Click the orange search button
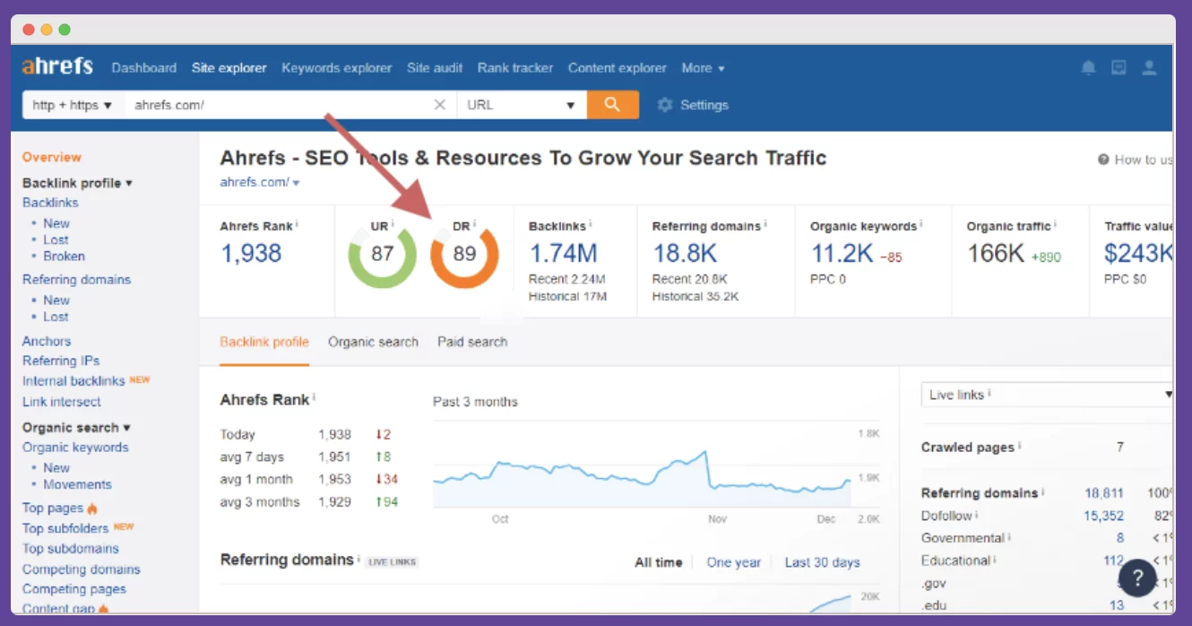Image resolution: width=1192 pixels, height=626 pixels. click(x=613, y=105)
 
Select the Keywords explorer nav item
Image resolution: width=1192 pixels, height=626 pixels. click(x=336, y=68)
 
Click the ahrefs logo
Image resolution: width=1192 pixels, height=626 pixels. click(x=57, y=67)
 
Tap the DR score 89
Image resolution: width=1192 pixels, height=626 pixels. click(x=464, y=254)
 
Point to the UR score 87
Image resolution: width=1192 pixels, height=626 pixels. click(x=382, y=254)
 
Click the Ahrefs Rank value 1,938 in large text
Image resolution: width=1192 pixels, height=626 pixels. click(x=251, y=254)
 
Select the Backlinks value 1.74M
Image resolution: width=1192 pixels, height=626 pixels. click(x=563, y=254)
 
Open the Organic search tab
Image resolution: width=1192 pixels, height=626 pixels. click(x=373, y=342)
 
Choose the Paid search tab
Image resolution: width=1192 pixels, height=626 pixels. click(x=472, y=342)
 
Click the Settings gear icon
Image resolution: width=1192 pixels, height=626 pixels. click(x=665, y=105)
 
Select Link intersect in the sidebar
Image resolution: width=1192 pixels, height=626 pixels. click(x=62, y=402)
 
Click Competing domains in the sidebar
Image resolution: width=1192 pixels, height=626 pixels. click(x=82, y=569)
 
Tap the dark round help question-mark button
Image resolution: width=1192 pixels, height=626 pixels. click(x=1137, y=578)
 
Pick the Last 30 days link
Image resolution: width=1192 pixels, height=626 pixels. click(x=822, y=562)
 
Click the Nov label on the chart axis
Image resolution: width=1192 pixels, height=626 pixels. click(x=717, y=519)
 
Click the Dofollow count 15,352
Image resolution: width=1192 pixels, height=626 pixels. click(x=1103, y=516)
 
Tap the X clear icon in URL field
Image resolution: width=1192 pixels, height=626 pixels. click(x=440, y=105)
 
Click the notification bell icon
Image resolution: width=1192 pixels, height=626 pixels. click(x=1088, y=68)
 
